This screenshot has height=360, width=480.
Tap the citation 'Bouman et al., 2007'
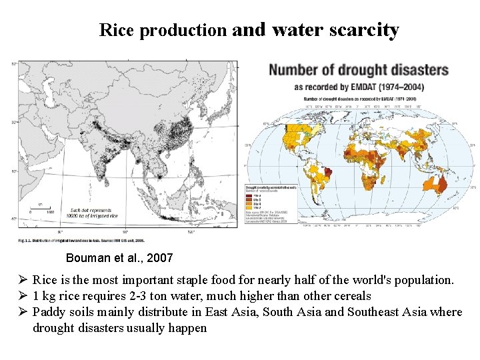coord(119,257)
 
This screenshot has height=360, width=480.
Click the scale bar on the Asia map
coord(41,208)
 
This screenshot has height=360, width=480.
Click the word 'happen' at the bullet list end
coord(189,328)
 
